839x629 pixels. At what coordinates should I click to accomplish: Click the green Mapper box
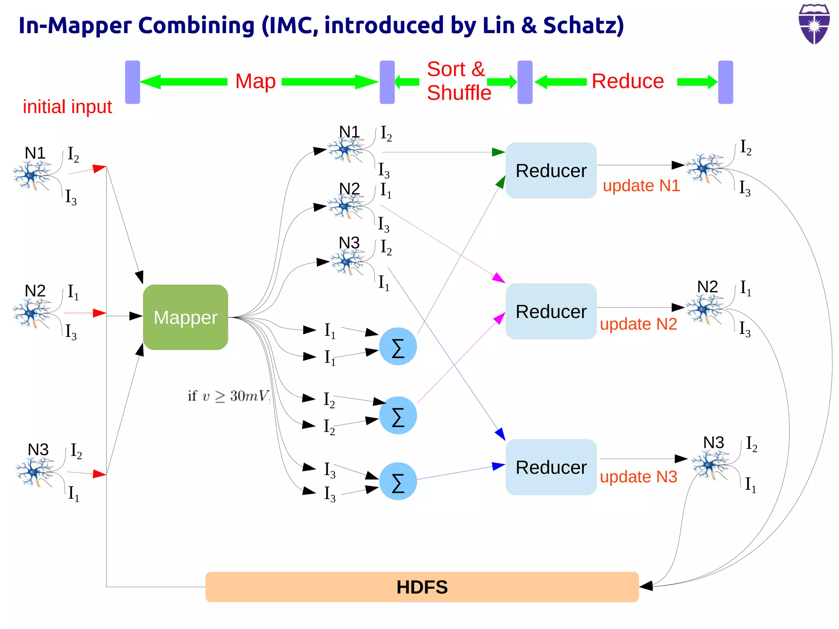click(185, 317)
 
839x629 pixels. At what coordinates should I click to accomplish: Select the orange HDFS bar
click(422, 587)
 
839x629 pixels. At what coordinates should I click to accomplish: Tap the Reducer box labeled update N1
click(551, 170)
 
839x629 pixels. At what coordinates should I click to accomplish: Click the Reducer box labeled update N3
click(551, 467)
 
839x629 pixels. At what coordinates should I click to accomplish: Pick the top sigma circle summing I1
click(398, 347)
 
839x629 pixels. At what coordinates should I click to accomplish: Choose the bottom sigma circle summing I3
click(398, 481)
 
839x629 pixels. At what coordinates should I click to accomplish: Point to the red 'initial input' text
click(67, 107)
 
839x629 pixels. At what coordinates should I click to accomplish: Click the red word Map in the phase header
click(255, 81)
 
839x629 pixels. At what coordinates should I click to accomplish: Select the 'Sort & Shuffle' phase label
click(458, 81)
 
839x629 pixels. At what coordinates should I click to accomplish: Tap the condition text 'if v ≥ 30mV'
click(228, 396)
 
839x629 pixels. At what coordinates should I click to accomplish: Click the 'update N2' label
click(638, 324)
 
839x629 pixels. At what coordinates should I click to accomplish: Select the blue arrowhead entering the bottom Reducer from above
click(501, 434)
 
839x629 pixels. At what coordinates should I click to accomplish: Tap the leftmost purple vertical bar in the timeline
click(132, 82)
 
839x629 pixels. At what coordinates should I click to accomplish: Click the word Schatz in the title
click(583, 25)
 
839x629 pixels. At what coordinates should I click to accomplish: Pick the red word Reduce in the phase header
click(628, 81)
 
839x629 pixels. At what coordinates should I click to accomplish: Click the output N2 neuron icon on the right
click(704, 309)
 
